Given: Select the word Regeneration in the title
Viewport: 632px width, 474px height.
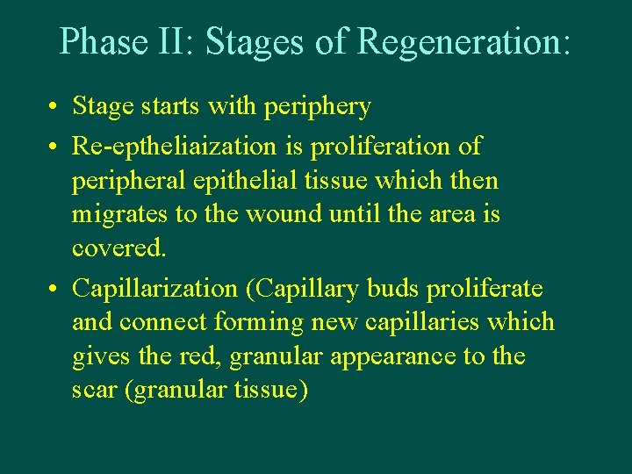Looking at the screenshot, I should pyautogui.click(x=464, y=41).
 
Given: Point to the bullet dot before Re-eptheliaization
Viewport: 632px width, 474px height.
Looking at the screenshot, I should pyautogui.click(x=54, y=146).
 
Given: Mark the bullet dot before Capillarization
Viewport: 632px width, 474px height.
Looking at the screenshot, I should pyautogui.click(x=54, y=289).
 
